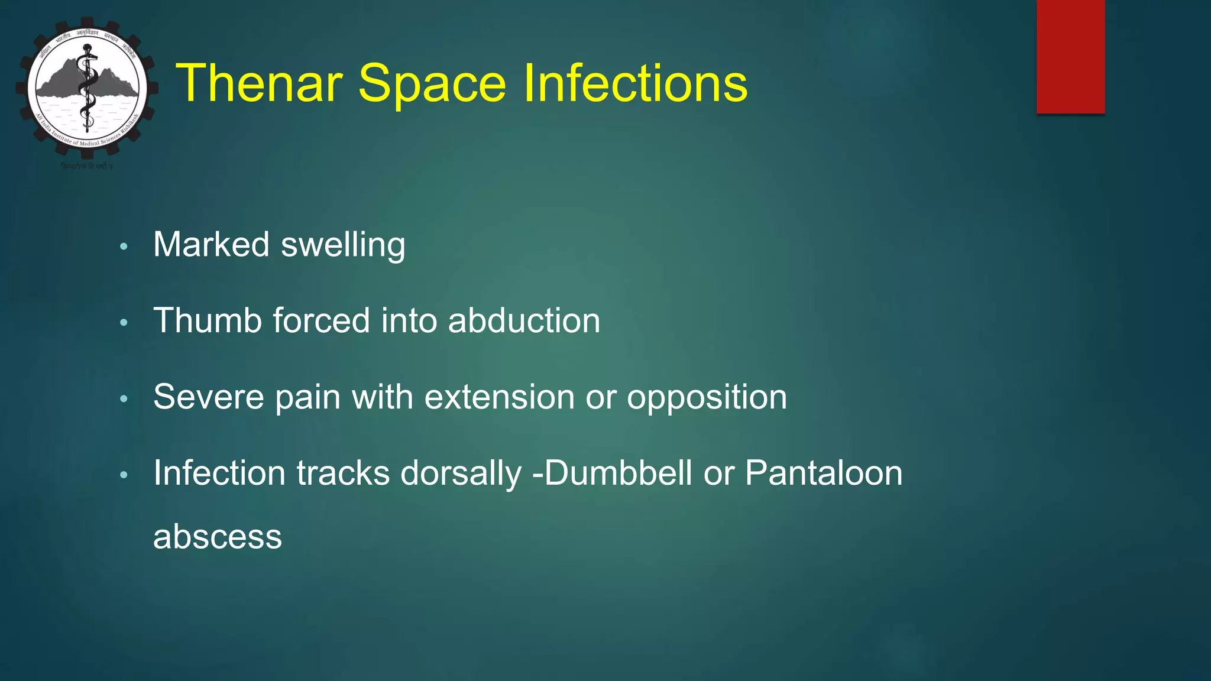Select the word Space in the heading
click(432, 83)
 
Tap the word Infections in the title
click(635, 83)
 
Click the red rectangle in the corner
click(1070, 57)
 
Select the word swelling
click(343, 245)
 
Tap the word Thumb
click(207, 320)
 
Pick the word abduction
click(524, 320)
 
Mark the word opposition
click(707, 397)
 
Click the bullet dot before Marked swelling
click(124, 247)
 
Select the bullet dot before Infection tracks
click(124, 475)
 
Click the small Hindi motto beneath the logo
click(87, 167)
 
